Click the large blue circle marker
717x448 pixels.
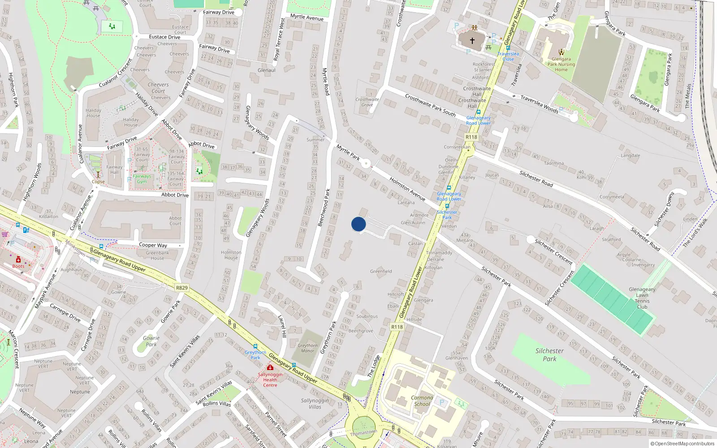tap(358, 224)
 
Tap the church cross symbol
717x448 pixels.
tap(472, 40)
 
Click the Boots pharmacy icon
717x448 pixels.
tap(18, 260)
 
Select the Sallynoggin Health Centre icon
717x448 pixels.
tap(270, 368)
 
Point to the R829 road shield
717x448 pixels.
tap(182, 288)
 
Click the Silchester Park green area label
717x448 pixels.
tap(549, 355)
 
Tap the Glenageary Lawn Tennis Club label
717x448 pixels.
tap(642, 298)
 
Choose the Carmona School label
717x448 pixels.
tap(422, 401)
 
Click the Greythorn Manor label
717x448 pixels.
tap(307, 348)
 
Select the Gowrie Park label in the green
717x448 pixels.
tap(151, 341)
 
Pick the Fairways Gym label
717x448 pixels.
tap(142, 179)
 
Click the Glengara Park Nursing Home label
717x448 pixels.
tap(561, 64)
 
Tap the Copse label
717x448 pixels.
tap(98, 182)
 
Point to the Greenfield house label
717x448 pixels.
tap(381, 271)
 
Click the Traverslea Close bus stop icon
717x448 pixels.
tap(508, 48)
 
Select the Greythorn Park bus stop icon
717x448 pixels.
tap(255, 346)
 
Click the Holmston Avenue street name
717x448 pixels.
tap(407, 189)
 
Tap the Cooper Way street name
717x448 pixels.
tap(153, 245)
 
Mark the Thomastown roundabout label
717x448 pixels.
tap(363, 432)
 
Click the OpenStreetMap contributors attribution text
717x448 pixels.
tap(682, 444)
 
